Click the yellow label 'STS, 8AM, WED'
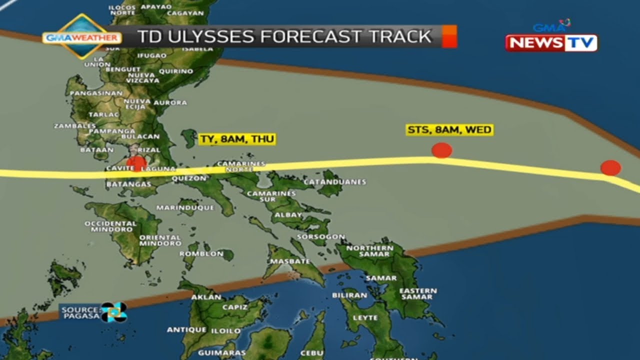449,130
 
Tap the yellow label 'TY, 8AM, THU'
237,139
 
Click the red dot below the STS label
441,150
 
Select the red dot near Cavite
136,162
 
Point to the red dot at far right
610,167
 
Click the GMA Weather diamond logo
81,37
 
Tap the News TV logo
551,43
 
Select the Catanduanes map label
334,182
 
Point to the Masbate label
290,261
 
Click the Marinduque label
185,207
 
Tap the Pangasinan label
96,93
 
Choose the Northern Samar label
370,251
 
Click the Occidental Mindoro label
110,226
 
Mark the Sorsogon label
320,236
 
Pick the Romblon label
201,253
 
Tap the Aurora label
170,102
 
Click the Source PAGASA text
80,312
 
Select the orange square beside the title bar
449,36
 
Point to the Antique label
186,330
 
